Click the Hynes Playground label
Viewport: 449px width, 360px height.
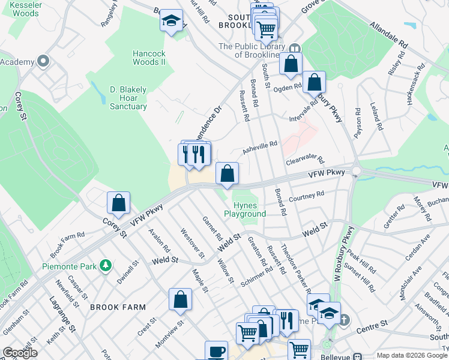pyautogui.click(x=245, y=209)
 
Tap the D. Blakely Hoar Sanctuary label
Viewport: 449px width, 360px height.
pyautogui.click(x=128, y=98)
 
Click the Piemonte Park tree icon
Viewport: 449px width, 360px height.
pyautogui.click(x=106, y=265)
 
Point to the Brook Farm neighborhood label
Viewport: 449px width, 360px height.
pyautogui.click(x=118, y=307)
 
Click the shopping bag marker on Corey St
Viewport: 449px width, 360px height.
pyautogui.click(x=119, y=203)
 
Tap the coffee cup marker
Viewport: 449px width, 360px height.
pyautogui.click(x=216, y=352)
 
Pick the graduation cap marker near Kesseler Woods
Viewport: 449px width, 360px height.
pyautogui.click(x=171, y=22)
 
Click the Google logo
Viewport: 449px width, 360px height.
pyautogui.click(x=20, y=353)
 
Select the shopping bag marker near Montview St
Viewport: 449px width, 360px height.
pyautogui.click(x=180, y=300)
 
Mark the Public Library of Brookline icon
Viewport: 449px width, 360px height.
pyautogui.click(x=295, y=49)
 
